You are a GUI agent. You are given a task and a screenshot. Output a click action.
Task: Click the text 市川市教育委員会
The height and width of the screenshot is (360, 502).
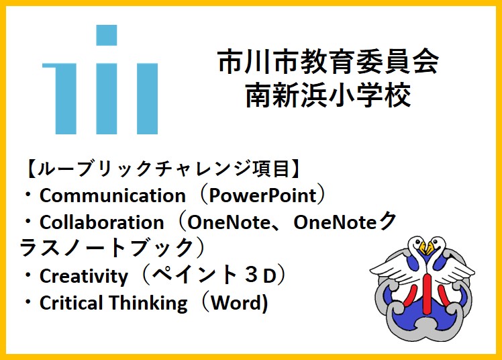click(328, 62)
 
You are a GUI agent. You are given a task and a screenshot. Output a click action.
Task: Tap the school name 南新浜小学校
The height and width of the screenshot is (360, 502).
click(328, 95)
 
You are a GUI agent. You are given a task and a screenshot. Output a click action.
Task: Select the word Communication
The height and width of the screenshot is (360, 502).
click(113, 195)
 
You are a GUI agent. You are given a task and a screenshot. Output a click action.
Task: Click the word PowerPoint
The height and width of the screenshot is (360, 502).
click(263, 195)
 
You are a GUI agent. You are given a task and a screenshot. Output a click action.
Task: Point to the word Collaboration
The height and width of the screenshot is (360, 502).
click(102, 222)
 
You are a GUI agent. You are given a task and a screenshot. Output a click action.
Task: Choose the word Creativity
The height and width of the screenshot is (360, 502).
click(84, 276)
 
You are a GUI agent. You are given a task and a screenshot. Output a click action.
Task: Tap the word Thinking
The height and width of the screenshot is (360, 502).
click(148, 304)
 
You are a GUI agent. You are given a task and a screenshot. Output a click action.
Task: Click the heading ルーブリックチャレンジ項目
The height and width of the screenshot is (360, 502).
click(163, 169)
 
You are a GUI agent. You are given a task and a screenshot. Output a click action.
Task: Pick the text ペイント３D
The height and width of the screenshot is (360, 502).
click(214, 275)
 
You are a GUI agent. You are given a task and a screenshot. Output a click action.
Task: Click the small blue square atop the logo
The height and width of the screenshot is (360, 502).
click(107, 35)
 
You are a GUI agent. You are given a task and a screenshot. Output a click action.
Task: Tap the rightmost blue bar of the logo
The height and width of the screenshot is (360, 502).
click(147, 99)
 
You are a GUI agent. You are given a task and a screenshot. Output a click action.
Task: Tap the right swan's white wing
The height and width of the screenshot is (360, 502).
click(456, 269)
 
